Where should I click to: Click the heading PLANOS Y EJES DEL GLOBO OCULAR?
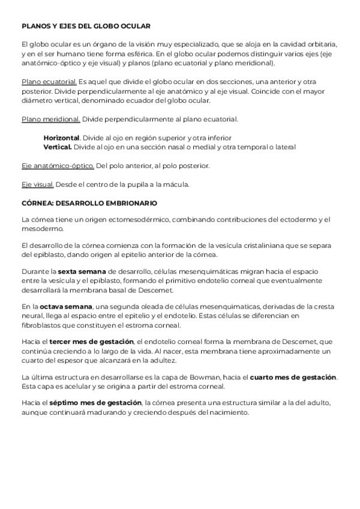(x=86, y=26)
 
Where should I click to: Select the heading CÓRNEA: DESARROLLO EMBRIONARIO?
(x=89, y=203)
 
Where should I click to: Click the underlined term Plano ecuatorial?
(x=49, y=81)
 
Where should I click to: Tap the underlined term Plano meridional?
(x=50, y=119)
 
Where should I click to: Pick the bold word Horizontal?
(x=61, y=137)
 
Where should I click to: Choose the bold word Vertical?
(x=58, y=146)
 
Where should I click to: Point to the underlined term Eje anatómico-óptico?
(x=58, y=165)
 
